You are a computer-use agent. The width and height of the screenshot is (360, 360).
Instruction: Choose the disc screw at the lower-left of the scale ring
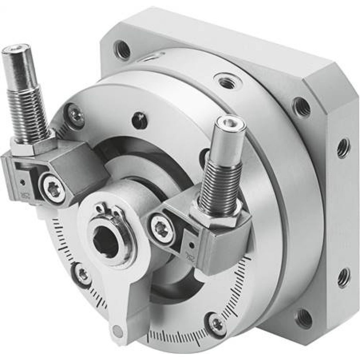coord(84,275)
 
